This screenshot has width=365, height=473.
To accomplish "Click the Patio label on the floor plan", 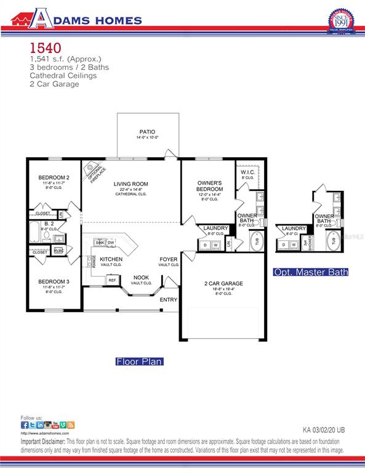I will [148, 131].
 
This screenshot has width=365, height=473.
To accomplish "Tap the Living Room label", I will [130, 184].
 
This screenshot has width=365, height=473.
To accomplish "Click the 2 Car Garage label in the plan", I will [223, 284].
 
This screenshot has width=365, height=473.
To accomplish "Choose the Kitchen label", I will [111, 259].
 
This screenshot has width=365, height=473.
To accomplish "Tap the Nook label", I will [141, 277].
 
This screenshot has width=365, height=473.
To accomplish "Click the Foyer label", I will [169, 259].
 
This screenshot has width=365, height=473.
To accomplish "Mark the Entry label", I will [169, 300].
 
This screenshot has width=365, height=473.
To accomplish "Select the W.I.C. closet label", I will [249, 172].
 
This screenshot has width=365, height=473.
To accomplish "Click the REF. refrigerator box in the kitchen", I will [113, 280].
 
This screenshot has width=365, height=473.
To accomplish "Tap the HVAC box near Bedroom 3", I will [58, 250].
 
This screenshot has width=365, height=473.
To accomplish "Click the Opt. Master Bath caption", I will [311, 272].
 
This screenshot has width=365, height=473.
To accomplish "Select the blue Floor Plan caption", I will [139, 362].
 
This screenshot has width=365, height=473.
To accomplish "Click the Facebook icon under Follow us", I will [25, 425].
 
